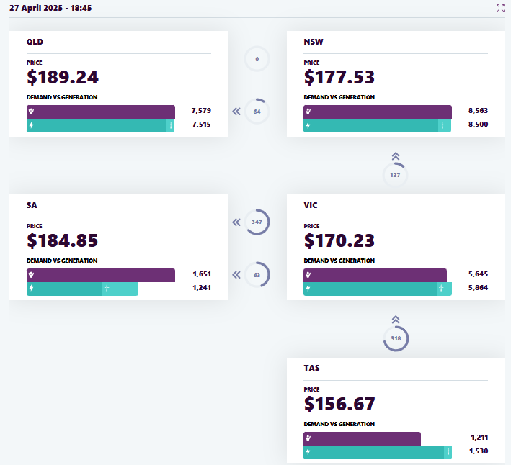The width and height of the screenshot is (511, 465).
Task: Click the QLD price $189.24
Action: (63, 77)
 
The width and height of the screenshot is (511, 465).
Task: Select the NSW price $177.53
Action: (339, 77)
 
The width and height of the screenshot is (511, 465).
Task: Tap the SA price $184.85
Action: (63, 240)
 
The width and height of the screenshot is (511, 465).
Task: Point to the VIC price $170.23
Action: (339, 240)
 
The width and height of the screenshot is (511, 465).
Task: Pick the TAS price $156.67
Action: (339, 403)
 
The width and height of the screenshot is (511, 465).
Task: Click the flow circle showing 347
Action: (257, 222)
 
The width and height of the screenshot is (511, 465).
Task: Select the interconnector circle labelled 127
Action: (395, 175)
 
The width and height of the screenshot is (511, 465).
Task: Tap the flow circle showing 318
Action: (396, 338)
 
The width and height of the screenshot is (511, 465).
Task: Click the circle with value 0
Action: (257, 59)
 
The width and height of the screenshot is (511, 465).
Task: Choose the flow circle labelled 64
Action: (257, 112)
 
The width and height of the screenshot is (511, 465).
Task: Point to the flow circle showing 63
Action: (257, 274)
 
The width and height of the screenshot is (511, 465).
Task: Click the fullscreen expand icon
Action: (501, 8)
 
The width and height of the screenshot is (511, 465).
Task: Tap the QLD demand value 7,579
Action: (201, 111)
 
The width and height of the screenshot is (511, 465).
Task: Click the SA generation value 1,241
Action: (201, 288)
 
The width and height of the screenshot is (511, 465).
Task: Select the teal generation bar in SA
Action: (82, 289)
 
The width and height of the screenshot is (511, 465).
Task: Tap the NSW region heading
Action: (314, 42)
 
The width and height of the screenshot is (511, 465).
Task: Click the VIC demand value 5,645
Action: (478, 274)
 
